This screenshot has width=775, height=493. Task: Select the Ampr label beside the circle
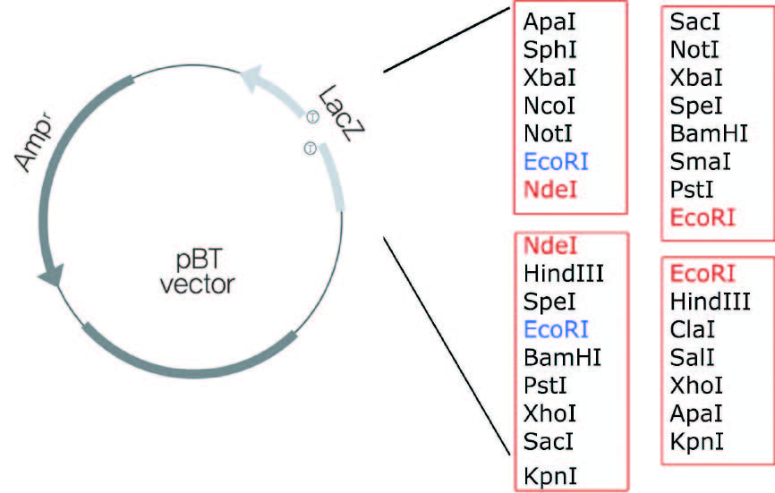[33, 143]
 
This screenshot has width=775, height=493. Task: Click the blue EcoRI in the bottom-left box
[556, 329]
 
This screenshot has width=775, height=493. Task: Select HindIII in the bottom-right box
[711, 301]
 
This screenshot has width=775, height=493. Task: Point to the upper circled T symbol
[312, 115]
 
